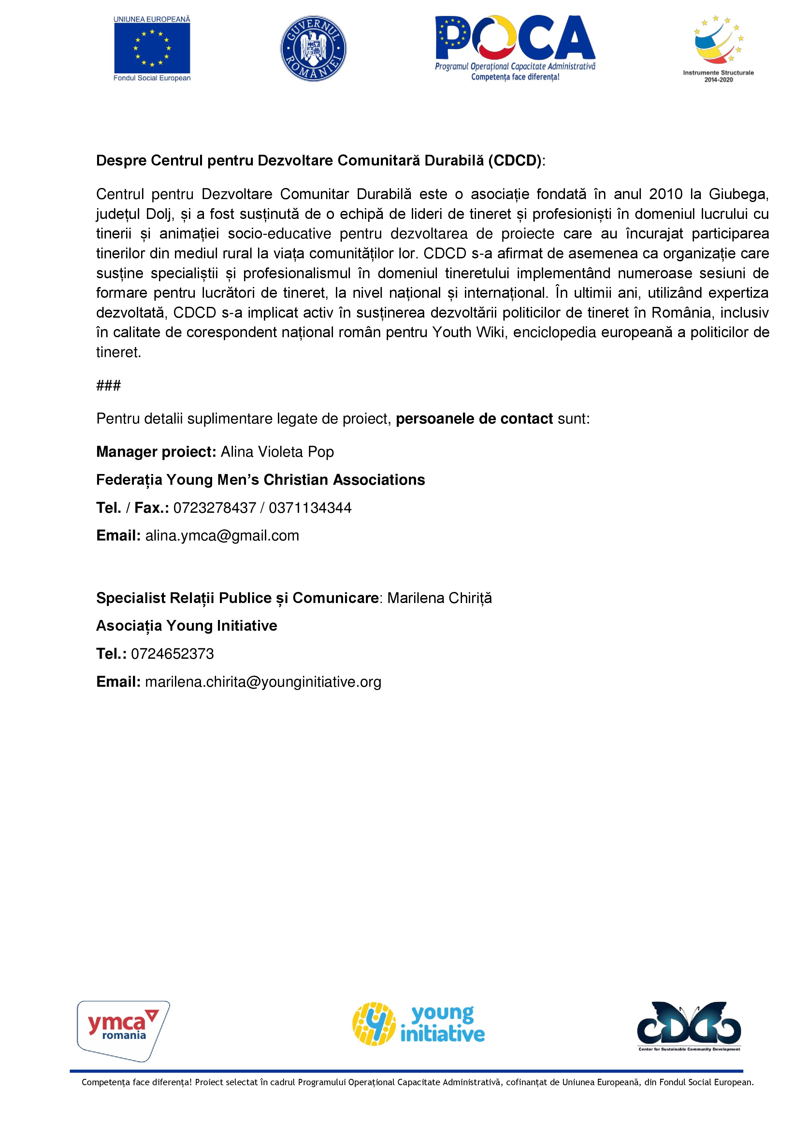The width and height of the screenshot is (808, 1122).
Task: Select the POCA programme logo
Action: tap(515, 48)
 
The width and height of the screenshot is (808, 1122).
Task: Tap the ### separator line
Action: tap(108, 385)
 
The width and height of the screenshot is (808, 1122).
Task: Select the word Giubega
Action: tap(738, 194)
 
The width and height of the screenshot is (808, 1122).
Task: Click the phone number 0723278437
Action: tap(215, 508)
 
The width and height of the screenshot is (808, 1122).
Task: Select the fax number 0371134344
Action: tap(310, 508)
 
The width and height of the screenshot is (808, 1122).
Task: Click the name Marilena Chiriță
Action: tap(440, 598)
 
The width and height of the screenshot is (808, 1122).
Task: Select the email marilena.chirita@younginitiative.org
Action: tap(263, 682)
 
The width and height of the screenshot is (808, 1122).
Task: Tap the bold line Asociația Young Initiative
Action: tap(187, 626)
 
